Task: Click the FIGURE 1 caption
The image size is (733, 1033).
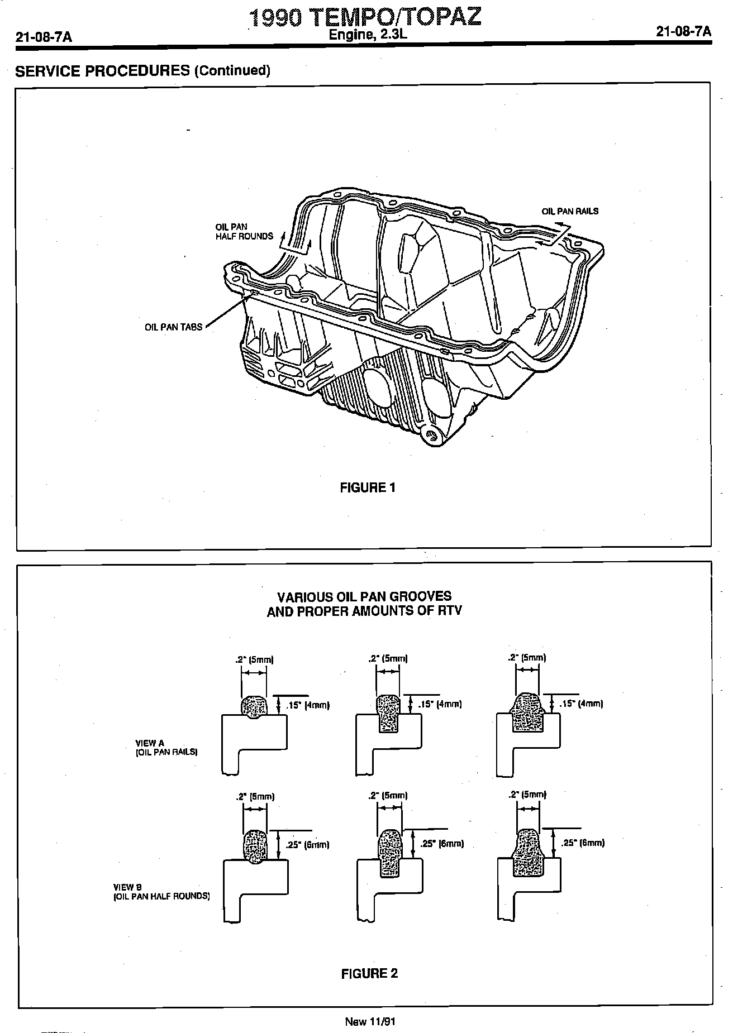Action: (368, 487)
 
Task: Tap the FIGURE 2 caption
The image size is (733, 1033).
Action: (369, 973)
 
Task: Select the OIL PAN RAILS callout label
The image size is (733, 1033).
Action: (570, 211)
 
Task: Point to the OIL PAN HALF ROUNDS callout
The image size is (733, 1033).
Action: (244, 232)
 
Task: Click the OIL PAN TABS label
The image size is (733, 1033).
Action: (173, 327)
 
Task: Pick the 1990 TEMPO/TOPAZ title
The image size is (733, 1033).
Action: (365, 18)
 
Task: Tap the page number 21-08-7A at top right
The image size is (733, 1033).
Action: (684, 32)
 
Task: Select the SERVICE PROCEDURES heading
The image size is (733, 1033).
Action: (142, 71)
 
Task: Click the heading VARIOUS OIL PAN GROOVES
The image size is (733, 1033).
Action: (364, 596)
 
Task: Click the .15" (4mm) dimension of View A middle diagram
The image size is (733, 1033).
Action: (441, 705)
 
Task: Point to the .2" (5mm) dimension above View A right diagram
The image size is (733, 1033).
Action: (527, 658)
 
